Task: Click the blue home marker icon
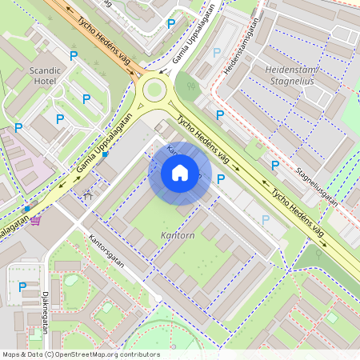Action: (x=180, y=173)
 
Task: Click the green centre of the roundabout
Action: (x=154, y=90)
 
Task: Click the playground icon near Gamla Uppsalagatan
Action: (x=87, y=192)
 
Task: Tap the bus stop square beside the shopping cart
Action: (x=27, y=208)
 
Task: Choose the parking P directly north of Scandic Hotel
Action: (x=74, y=55)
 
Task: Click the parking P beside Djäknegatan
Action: (x=22, y=286)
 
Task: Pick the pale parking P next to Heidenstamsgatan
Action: (x=217, y=52)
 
